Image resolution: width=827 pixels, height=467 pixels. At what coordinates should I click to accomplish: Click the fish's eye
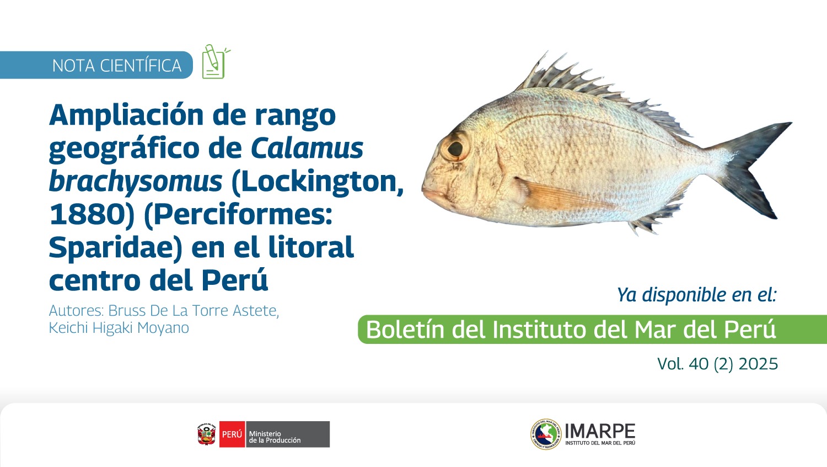click(x=455, y=148)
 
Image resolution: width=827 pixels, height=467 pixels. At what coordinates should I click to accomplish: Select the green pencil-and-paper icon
click(x=216, y=62)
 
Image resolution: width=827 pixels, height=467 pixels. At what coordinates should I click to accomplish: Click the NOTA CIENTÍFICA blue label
click(x=96, y=65)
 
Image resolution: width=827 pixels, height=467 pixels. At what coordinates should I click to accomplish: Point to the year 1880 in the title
click(x=88, y=215)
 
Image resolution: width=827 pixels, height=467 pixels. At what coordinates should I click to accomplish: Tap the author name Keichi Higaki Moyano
click(x=119, y=328)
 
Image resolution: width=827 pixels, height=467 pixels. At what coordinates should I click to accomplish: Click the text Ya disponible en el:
click(x=697, y=295)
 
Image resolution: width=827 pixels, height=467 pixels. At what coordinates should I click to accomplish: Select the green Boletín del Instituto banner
click(x=593, y=330)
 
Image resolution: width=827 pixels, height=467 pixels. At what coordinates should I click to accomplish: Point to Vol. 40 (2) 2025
click(x=717, y=364)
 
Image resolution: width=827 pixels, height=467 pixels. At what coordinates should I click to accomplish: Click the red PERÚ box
click(x=232, y=434)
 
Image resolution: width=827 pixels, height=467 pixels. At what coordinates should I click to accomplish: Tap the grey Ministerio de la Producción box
click(x=288, y=434)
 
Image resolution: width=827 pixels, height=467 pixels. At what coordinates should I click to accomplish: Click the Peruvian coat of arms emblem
click(x=207, y=434)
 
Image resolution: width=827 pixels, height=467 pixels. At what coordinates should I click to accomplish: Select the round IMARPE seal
click(x=546, y=434)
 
